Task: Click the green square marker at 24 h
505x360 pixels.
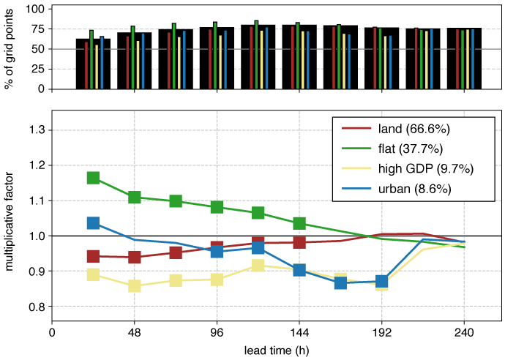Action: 93,178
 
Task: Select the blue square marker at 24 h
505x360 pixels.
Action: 93,222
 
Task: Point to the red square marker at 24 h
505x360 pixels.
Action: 93,256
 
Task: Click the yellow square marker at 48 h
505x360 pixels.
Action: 135,285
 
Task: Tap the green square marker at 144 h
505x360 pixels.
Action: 299,223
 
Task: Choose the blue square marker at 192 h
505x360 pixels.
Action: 381,281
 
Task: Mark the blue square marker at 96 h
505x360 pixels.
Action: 217,251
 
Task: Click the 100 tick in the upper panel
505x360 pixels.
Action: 34,9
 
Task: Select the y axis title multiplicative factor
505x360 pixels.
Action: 10,218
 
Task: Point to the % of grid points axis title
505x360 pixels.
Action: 10,49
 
